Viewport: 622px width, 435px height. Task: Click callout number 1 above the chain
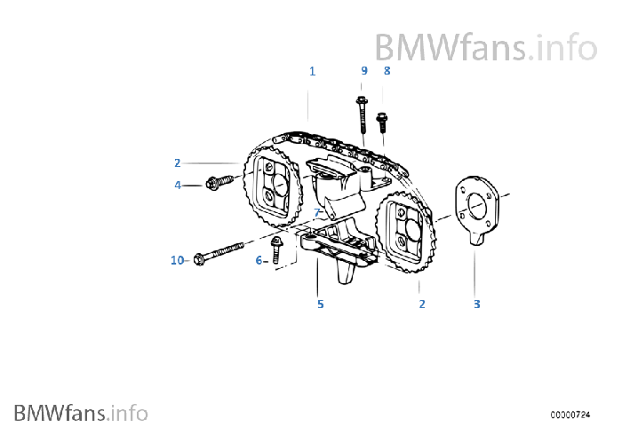(312, 70)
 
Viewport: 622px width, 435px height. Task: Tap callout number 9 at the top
(363, 70)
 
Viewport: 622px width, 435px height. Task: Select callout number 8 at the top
(387, 70)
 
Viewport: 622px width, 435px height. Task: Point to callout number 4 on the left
(178, 185)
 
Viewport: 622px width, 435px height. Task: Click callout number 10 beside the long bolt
(177, 260)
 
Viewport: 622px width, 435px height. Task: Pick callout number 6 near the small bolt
(259, 260)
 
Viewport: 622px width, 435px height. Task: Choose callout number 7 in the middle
(315, 213)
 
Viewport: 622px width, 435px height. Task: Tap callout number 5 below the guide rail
(320, 304)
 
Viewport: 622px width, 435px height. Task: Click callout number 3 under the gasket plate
(476, 304)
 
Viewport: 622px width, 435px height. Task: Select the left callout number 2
(178, 162)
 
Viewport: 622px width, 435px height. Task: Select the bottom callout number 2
(422, 304)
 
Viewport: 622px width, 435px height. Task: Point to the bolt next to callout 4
(217, 182)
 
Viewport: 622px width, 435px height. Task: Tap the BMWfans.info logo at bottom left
(81, 412)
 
